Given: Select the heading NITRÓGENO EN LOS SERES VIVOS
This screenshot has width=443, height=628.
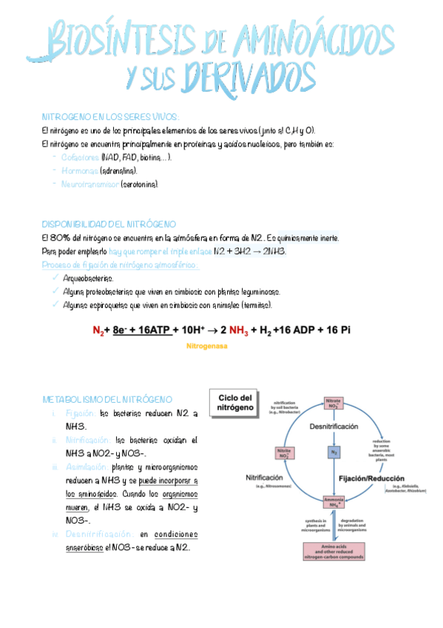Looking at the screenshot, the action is point(109,117).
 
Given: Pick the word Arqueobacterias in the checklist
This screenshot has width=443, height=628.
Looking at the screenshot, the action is point(88,278).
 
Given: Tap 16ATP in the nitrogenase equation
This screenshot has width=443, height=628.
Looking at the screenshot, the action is point(152,330).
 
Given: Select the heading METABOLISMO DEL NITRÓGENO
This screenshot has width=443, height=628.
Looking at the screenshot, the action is point(107,399).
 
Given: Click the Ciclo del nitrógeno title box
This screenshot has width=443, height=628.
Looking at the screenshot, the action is point(236,402).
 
